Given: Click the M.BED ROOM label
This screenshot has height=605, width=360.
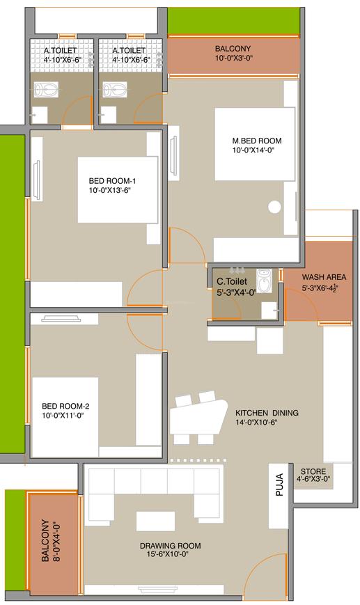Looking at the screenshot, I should click(x=258, y=141).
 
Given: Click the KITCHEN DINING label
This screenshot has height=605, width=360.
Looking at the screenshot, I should click(x=267, y=413).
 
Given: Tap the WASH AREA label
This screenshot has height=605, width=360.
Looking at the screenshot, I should click(x=324, y=276).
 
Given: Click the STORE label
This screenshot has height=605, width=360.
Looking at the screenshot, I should click(x=313, y=469).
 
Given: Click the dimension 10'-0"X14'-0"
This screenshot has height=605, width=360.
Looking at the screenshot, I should click(x=258, y=150).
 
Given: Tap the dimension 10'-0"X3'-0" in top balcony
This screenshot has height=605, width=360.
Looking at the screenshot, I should click(x=233, y=58).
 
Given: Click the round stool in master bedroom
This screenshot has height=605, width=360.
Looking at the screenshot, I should click(x=274, y=206).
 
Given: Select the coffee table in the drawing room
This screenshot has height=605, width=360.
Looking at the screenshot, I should click(x=155, y=521).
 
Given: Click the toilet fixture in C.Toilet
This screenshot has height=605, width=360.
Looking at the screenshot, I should click(x=265, y=281).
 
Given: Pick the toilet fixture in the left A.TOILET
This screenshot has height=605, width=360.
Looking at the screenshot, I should click(x=47, y=89).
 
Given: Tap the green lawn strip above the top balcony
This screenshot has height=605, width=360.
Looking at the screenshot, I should click(x=233, y=21).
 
